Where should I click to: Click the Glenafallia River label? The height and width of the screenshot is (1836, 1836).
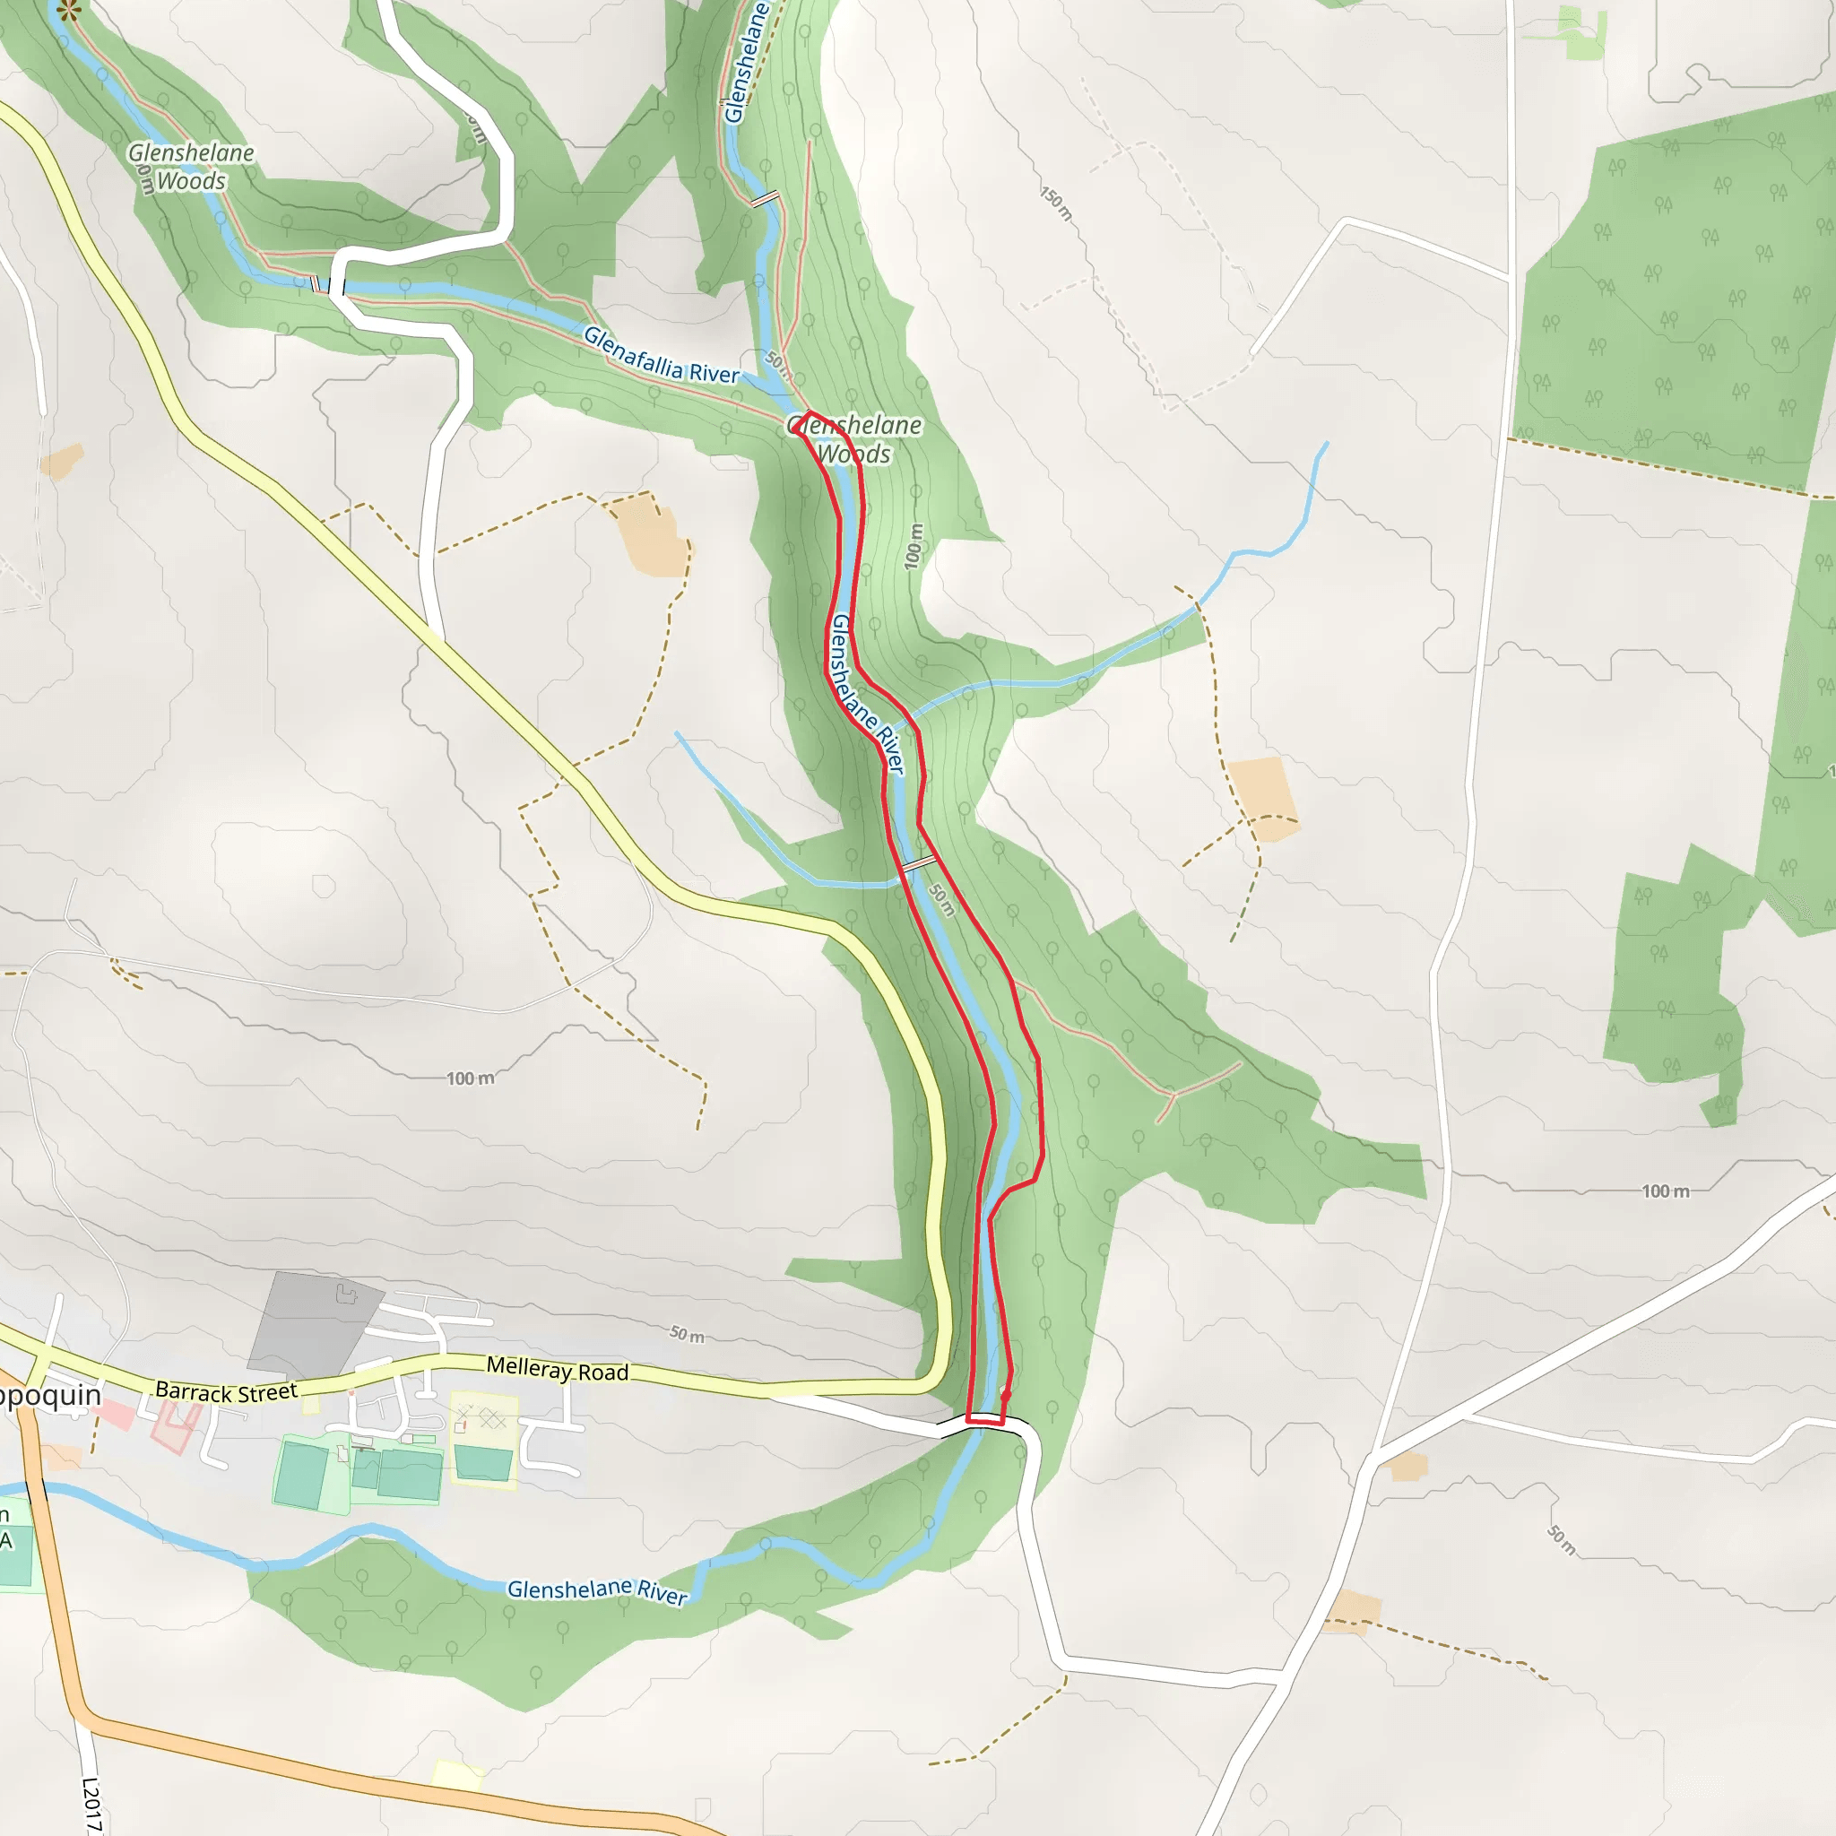point(661,355)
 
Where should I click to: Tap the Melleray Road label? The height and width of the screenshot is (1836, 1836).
point(557,1370)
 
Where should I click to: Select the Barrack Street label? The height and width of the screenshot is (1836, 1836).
point(226,1392)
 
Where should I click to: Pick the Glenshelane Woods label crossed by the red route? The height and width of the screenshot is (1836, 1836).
point(854,439)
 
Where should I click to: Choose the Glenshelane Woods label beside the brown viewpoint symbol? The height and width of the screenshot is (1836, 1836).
point(191,167)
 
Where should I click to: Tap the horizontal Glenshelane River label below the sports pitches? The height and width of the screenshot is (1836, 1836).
point(597,1591)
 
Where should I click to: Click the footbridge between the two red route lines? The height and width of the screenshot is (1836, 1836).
point(919,863)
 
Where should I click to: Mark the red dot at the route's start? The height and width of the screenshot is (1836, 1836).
point(1007,1395)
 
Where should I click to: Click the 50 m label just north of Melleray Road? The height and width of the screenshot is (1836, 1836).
point(687,1334)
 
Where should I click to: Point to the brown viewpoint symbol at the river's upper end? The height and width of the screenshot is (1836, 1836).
point(68,11)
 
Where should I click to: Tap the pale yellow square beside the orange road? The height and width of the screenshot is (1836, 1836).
point(457,1773)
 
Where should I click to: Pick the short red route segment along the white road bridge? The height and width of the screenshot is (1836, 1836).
point(985,1422)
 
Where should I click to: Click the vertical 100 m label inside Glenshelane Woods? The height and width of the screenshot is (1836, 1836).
point(914,547)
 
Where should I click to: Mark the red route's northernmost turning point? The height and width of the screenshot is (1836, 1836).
point(807,413)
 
